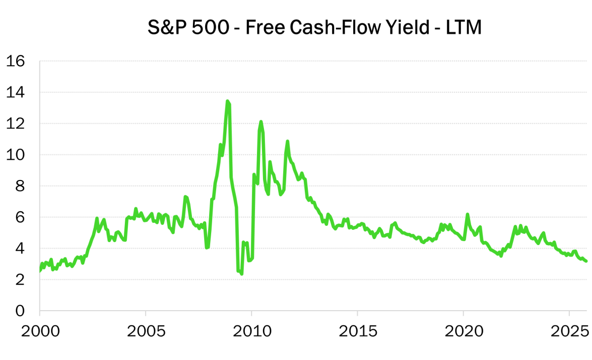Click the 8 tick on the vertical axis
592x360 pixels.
20,186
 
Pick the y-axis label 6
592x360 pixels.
20,217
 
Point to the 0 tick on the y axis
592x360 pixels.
20,311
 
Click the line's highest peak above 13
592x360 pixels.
227,101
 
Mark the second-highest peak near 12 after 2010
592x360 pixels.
261,121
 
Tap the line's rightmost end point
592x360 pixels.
586,261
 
